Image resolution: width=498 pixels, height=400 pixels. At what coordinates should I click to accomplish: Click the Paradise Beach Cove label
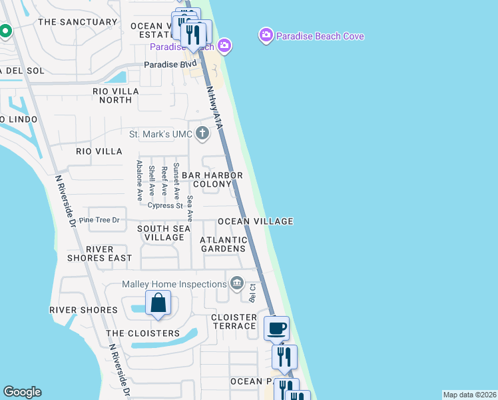(x=321, y=36)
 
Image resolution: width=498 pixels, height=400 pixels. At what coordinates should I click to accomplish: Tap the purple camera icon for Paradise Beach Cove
(x=266, y=35)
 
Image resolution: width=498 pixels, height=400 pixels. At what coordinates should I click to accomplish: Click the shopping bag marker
(x=158, y=304)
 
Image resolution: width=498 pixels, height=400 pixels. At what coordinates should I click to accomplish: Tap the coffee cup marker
(x=276, y=328)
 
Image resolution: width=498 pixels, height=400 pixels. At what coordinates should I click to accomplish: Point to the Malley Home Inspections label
(x=174, y=284)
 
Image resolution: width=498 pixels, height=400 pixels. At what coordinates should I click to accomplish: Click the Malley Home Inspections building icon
(x=236, y=284)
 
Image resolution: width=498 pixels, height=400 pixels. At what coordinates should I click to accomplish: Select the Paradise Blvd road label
(x=171, y=65)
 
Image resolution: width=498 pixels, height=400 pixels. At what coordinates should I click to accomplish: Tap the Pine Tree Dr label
(x=99, y=219)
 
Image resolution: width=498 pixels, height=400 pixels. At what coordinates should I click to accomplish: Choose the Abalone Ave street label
(x=139, y=180)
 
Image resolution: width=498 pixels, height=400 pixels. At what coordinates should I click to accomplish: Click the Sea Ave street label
(x=190, y=208)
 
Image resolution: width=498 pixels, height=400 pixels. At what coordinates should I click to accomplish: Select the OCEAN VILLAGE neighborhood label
(x=256, y=221)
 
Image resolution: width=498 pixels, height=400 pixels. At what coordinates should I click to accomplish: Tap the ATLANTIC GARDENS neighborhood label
(x=224, y=244)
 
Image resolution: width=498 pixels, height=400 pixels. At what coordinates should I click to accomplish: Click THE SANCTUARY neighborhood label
(x=78, y=22)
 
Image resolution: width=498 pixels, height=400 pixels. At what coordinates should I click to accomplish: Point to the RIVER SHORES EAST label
(x=99, y=253)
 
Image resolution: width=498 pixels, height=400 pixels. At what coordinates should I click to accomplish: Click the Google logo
(x=22, y=391)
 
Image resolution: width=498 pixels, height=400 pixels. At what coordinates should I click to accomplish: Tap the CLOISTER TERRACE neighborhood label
(x=234, y=321)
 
